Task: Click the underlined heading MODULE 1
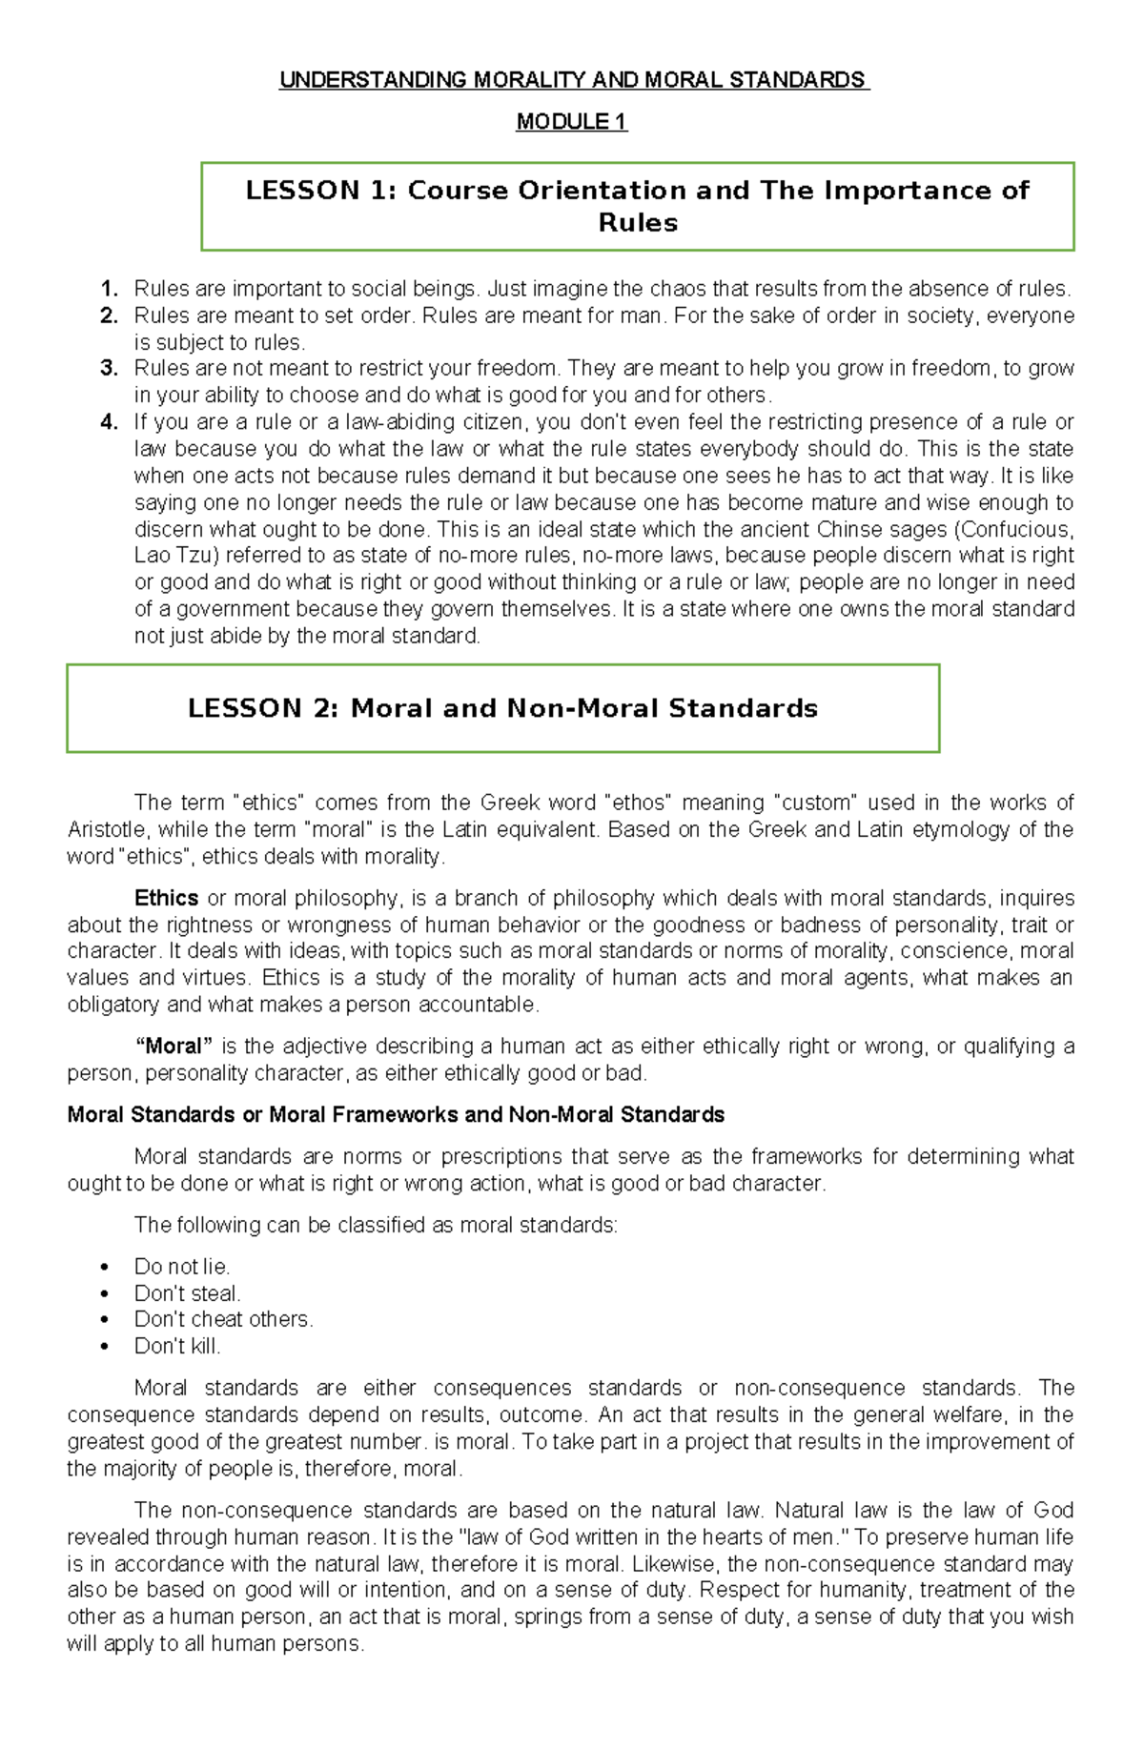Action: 571,122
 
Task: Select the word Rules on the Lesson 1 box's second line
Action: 638,223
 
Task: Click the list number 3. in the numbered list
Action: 109,369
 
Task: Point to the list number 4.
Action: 109,422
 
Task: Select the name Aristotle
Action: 107,829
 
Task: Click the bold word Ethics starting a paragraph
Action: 166,898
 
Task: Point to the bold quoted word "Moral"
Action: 174,1047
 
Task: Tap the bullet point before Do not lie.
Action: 104,1268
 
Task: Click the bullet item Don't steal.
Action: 187,1293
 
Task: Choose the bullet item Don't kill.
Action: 177,1347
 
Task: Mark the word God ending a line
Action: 1053,1511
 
